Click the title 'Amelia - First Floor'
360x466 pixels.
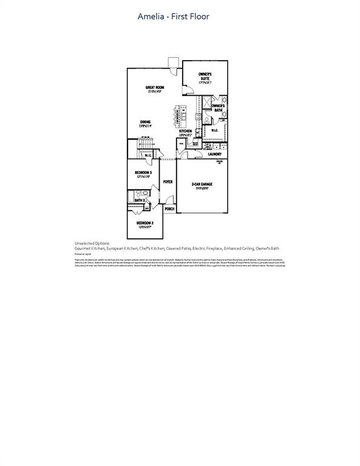(174, 16)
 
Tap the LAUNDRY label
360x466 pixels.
(214, 154)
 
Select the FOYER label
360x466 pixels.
(168, 181)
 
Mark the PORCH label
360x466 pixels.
(169, 209)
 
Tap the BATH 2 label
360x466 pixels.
(139, 200)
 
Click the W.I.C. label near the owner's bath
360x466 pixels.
(214, 130)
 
